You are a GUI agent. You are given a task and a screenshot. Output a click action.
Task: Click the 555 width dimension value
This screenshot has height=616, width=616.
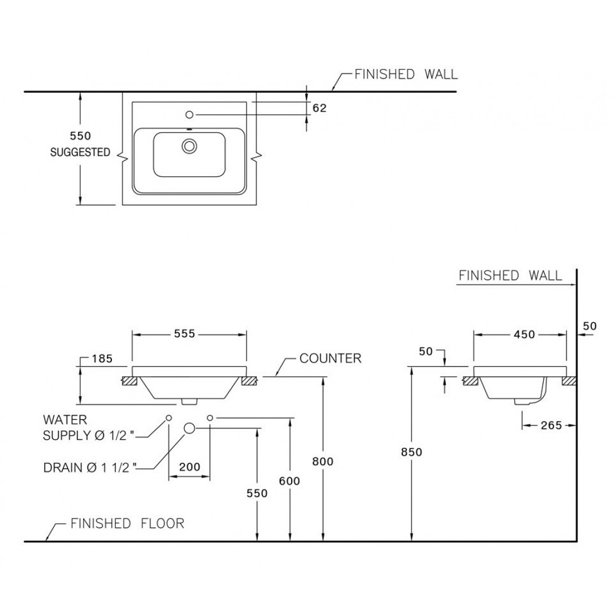click(x=184, y=334)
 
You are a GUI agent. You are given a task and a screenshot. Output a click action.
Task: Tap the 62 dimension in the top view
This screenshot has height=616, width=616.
click(x=319, y=108)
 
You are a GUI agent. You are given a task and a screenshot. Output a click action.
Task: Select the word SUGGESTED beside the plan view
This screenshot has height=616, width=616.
click(x=80, y=152)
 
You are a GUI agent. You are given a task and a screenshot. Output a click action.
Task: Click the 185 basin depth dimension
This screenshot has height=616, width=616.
click(x=102, y=358)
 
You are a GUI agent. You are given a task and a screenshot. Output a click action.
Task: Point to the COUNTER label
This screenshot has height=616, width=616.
click(x=330, y=358)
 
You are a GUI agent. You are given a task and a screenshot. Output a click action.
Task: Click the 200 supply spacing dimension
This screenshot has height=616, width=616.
click(x=190, y=467)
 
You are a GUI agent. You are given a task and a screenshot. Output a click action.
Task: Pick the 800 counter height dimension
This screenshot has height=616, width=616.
click(x=323, y=461)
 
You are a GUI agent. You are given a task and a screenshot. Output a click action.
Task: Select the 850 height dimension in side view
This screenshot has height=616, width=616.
click(x=412, y=452)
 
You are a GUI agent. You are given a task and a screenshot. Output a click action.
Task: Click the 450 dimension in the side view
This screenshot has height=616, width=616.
click(x=524, y=334)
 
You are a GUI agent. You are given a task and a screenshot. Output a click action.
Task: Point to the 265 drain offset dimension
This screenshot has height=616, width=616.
click(x=550, y=425)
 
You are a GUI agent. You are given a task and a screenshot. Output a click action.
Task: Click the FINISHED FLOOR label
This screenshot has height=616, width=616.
click(x=127, y=523)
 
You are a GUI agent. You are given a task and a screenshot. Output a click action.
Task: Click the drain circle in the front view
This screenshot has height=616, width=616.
click(x=189, y=428)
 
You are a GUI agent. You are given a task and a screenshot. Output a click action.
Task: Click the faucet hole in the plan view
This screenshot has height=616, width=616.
click(x=189, y=115)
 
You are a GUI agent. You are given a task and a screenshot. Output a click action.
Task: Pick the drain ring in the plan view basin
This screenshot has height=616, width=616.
click(x=189, y=146)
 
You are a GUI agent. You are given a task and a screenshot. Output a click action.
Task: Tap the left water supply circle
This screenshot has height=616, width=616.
click(x=169, y=418)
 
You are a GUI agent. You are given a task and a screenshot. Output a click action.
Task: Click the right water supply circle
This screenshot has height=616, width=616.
click(x=210, y=418)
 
